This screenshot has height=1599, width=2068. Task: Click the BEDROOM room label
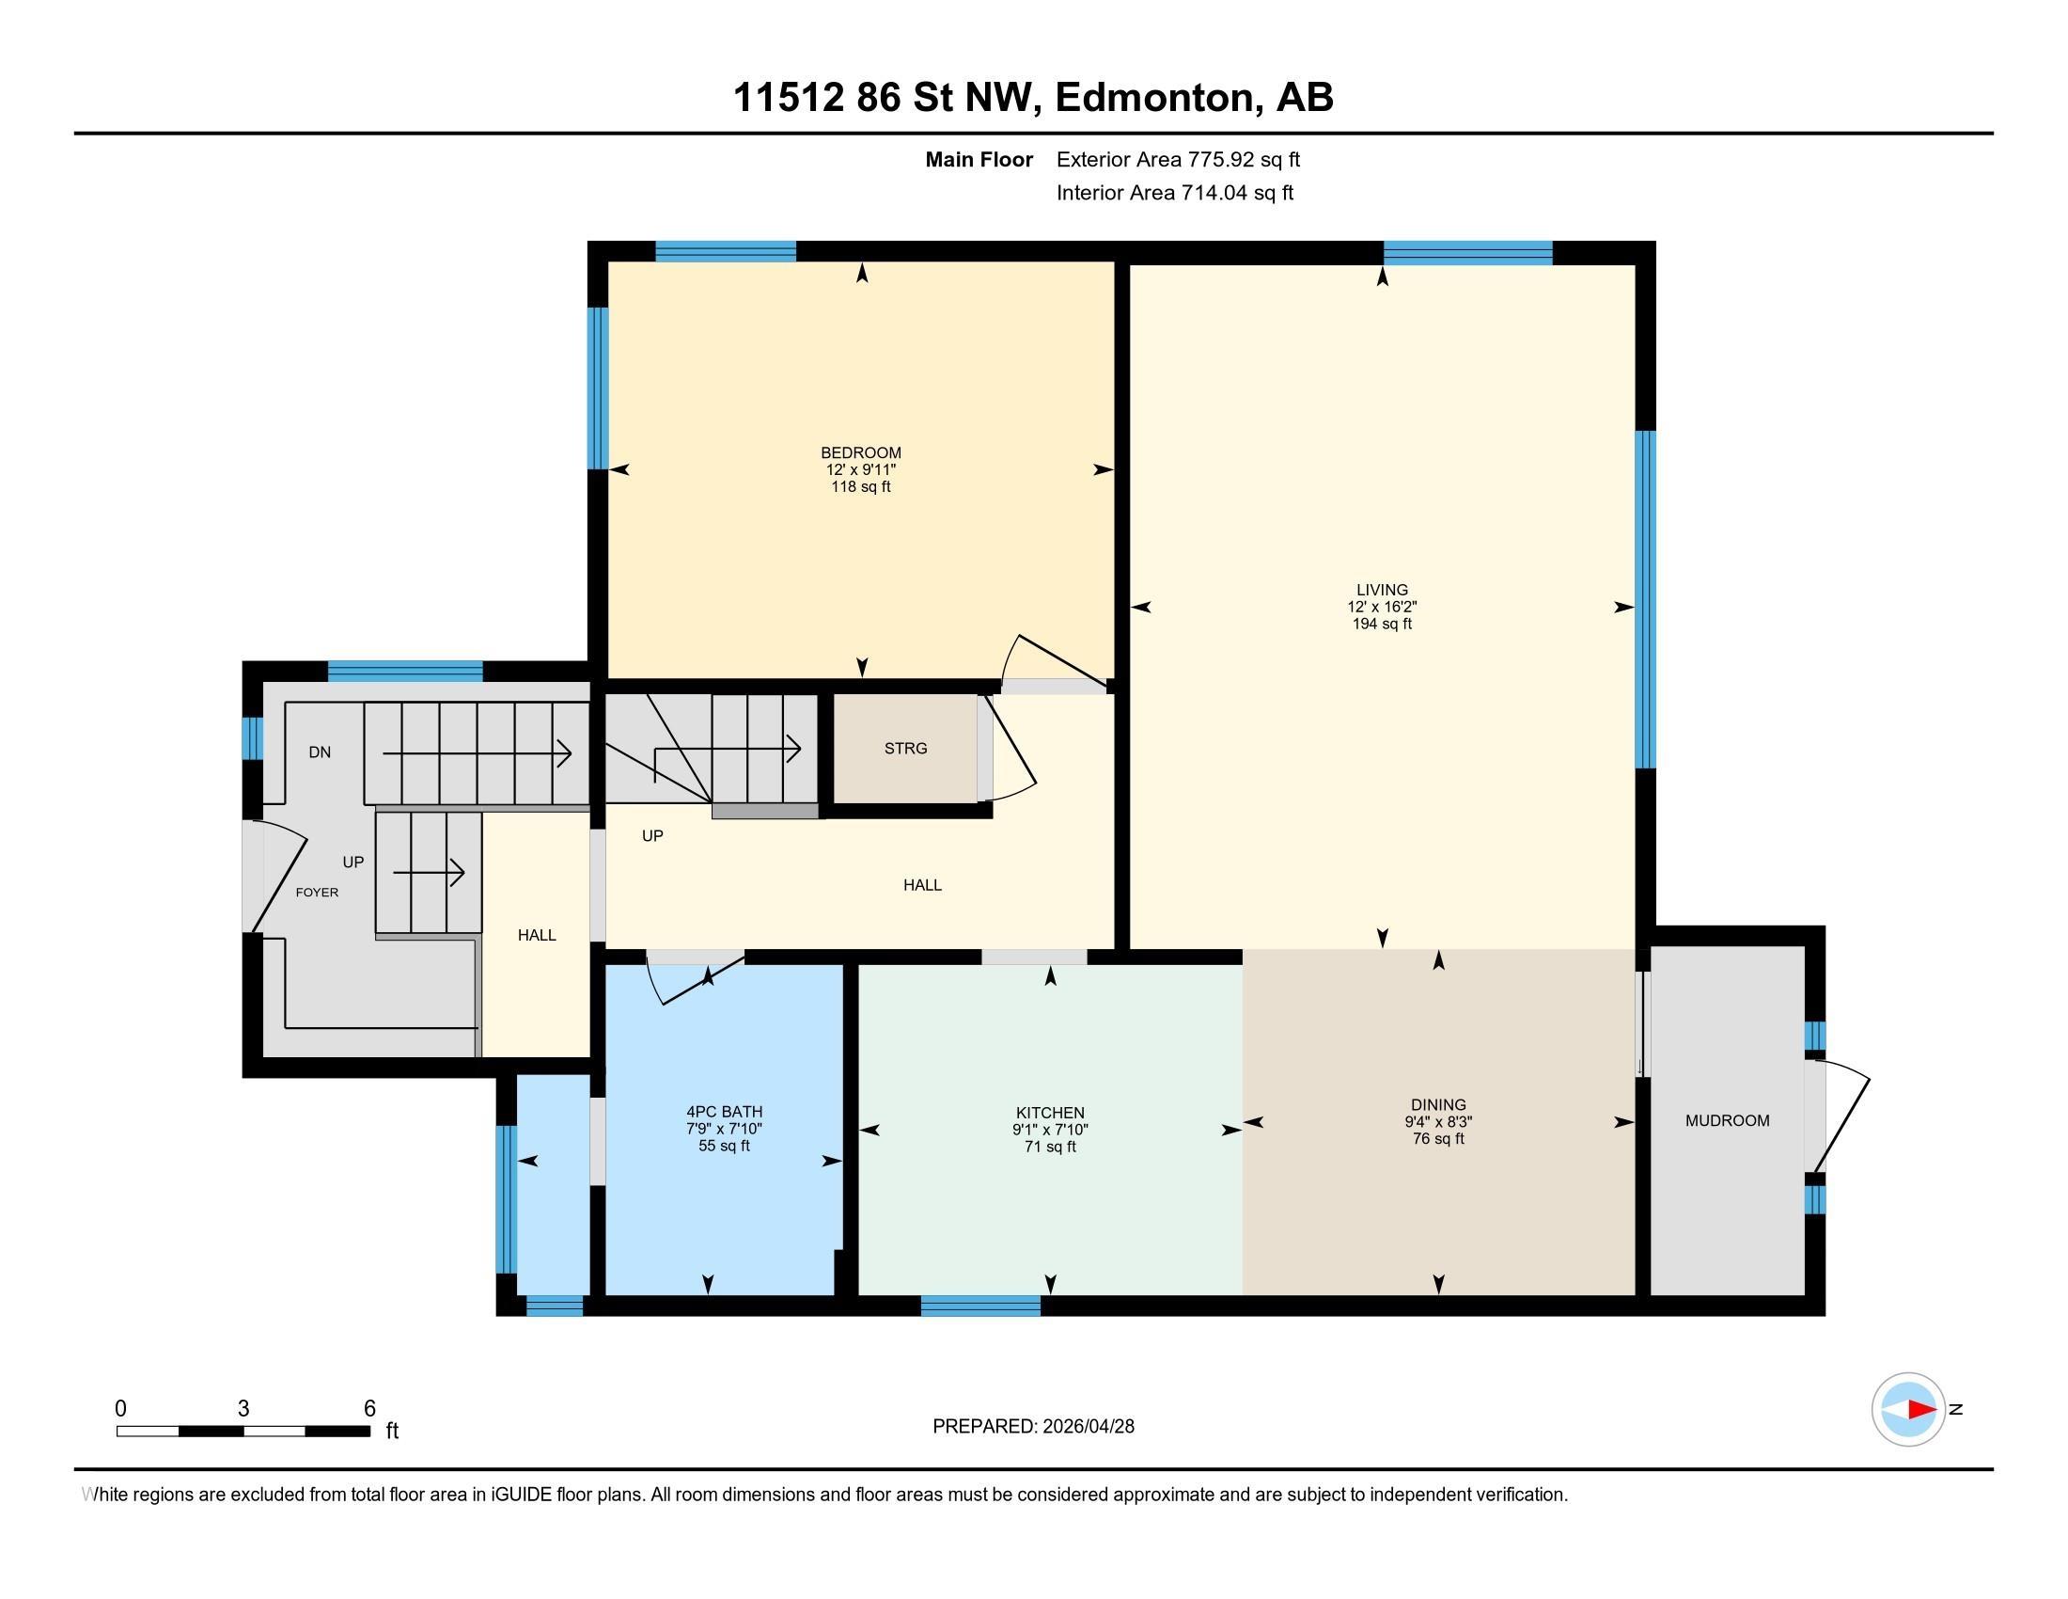[860, 452]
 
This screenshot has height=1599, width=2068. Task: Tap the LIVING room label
[1382, 589]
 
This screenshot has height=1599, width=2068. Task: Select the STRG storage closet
[905, 749]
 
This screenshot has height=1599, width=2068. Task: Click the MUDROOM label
[1727, 1120]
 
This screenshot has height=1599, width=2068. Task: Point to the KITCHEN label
[1049, 1113]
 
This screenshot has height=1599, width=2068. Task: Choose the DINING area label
[1437, 1104]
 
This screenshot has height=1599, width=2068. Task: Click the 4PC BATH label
[724, 1112]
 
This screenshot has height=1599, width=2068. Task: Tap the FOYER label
[316, 893]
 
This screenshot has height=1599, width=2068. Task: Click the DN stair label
[319, 752]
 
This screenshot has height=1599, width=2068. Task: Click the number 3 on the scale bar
[243, 1409]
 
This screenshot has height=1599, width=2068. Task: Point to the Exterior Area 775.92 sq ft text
[1178, 159]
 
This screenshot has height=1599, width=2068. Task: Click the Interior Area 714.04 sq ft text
[1174, 193]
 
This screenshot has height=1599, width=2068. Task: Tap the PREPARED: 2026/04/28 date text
[1033, 1427]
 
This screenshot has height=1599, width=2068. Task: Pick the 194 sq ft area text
[1382, 625]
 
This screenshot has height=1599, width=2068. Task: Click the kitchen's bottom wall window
[980, 1306]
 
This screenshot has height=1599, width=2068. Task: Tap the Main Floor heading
[979, 159]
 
